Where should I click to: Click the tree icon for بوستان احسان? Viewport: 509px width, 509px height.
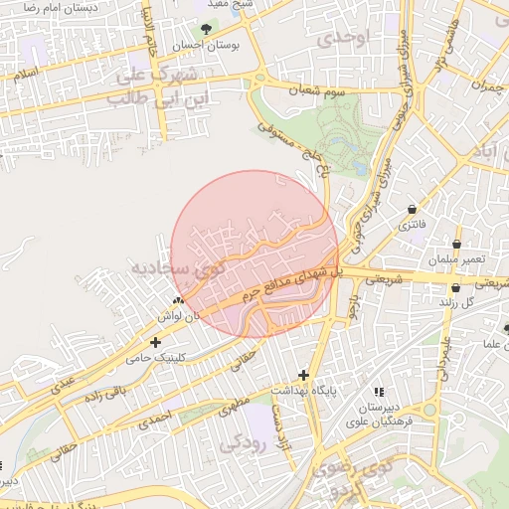tap(206, 29)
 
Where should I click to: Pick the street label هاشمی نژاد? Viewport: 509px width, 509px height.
tap(443, 45)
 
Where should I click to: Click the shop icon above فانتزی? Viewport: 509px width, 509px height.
tap(412, 209)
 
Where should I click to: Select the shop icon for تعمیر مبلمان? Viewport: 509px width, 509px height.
tap(456, 244)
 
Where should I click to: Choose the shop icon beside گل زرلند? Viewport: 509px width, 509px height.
tap(455, 287)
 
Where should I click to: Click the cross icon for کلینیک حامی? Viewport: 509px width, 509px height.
tap(155, 342)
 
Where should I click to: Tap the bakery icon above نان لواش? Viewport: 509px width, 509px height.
tap(178, 300)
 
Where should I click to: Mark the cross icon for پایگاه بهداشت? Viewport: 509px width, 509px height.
tap(303, 375)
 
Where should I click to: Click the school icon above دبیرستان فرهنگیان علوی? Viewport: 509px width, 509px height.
tap(377, 392)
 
